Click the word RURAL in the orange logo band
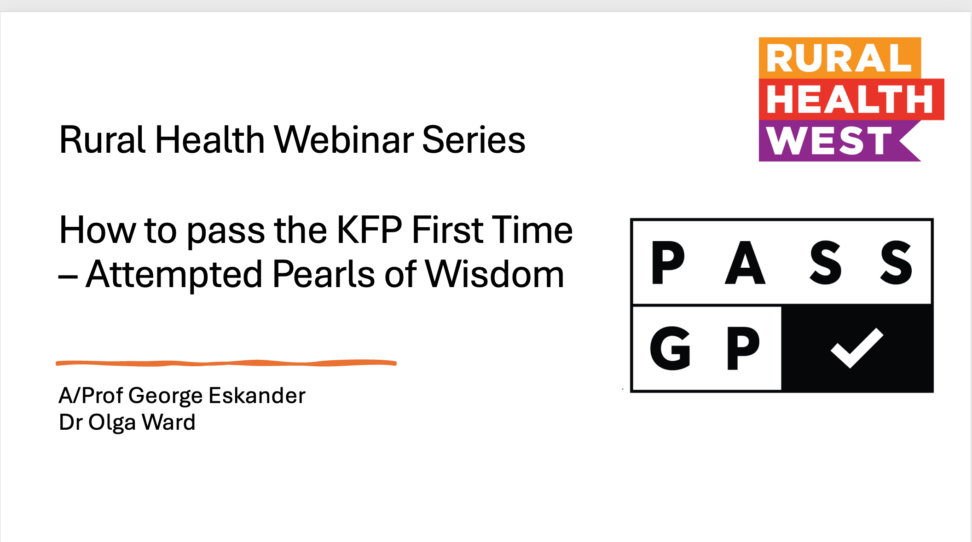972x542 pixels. [x=839, y=58]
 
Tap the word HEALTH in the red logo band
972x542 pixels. [x=850, y=99]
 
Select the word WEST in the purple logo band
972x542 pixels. [x=829, y=141]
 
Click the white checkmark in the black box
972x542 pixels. [x=857, y=348]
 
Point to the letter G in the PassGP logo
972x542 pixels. [x=670, y=348]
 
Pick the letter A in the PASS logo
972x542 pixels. [x=745, y=263]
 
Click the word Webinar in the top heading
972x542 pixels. [x=343, y=140]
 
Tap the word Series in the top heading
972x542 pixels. [x=474, y=140]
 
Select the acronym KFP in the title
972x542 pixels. [x=369, y=230]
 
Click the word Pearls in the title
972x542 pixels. [x=324, y=275]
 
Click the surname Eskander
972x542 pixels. [x=257, y=396]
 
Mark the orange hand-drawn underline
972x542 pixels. [x=226, y=363]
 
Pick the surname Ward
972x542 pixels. [x=168, y=422]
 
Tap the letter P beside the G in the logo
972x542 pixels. [x=743, y=348]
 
